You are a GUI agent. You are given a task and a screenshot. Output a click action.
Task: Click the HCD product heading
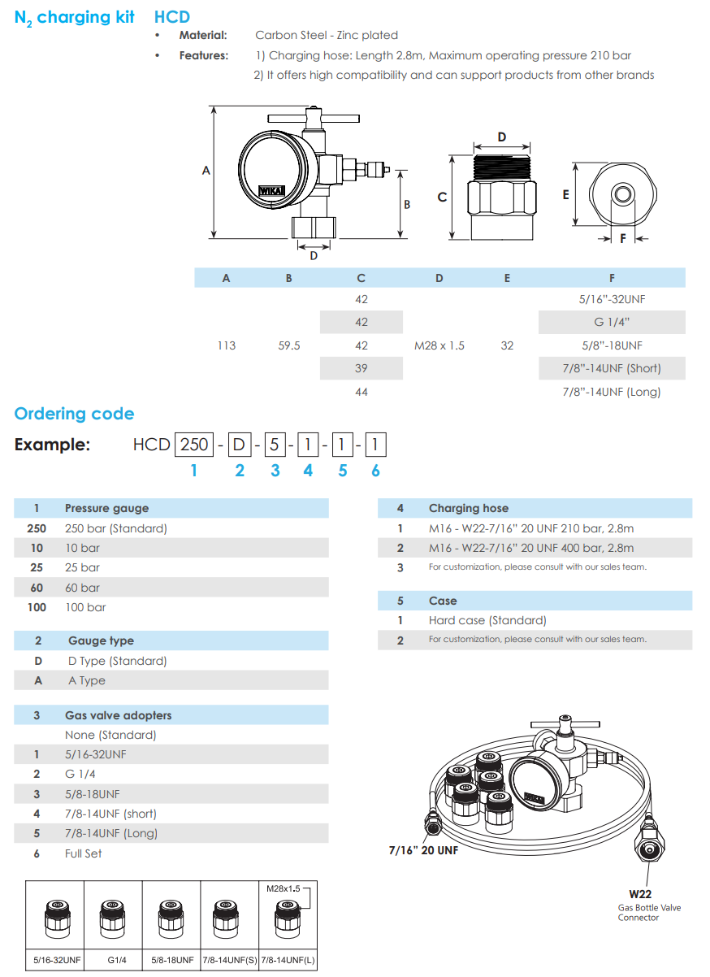[172, 16]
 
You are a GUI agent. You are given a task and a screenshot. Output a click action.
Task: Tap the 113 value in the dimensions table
[227, 345]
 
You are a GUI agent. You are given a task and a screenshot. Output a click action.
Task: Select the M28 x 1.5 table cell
[439, 345]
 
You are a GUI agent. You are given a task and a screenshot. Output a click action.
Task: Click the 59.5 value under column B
[288, 345]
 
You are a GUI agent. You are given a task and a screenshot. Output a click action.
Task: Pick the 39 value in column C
[361, 368]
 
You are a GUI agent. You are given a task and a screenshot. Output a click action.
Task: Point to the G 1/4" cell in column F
[612, 322]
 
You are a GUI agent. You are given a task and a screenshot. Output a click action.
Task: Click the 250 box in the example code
[194, 445]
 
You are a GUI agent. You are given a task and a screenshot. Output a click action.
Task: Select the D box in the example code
[239, 445]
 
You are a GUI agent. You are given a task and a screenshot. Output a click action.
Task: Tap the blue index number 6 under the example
[375, 471]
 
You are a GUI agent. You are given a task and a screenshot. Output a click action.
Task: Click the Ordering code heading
[74, 414]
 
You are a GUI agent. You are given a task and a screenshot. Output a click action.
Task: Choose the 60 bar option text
[82, 588]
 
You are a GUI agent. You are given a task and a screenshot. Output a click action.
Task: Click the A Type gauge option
[87, 680]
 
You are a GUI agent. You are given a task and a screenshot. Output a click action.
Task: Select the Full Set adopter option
[84, 853]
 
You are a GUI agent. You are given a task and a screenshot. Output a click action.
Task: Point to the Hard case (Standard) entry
[487, 620]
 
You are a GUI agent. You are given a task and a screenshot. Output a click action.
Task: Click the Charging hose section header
[469, 508]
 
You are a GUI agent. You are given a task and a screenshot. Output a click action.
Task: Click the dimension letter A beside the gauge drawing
[206, 171]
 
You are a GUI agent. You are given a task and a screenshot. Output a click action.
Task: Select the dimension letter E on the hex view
[565, 195]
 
